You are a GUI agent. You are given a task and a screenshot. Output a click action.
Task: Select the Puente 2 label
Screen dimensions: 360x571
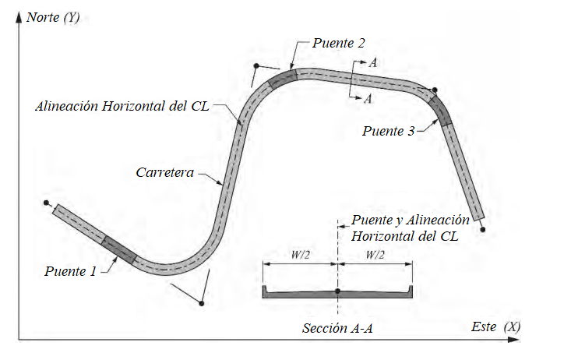pyautogui.click(x=339, y=44)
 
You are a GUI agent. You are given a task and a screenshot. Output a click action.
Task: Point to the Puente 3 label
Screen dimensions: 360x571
pyautogui.click(x=388, y=131)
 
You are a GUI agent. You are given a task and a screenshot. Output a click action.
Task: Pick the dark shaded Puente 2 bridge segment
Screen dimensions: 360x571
pyautogui.click(x=283, y=78)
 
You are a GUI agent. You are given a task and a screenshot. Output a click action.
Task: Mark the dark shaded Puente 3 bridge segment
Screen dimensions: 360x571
pyautogui.click(x=441, y=110)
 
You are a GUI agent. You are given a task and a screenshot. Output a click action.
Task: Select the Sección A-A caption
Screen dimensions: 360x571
pyautogui.click(x=337, y=328)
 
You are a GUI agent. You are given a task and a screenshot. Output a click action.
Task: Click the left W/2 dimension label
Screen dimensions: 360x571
pyautogui.click(x=300, y=253)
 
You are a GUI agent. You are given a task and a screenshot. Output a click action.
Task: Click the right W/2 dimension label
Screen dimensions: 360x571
pyautogui.click(x=375, y=253)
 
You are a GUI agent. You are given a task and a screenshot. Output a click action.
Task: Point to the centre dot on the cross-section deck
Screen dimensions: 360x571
pyautogui.click(x=337, y=291)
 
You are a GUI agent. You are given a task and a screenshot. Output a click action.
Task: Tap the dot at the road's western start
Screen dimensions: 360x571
pyautogui.click(x=48, y=203)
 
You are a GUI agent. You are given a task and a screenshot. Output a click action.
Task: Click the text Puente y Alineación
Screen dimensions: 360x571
pyautogui.click(x=411, y=221)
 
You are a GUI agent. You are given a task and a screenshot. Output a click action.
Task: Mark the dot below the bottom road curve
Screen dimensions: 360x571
pyautogui.click(x=202, y=302)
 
